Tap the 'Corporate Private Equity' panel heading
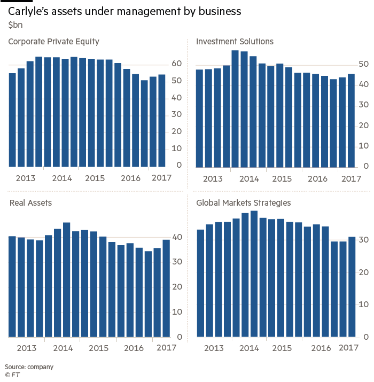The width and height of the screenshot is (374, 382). tap(53, 41)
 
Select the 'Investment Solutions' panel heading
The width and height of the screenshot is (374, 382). tap(235, 41)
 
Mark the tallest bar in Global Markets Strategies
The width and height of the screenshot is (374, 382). tap(254, 274)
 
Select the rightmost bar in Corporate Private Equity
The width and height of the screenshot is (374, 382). tap(161, 120)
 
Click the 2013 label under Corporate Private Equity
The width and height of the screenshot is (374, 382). tap(25, 178)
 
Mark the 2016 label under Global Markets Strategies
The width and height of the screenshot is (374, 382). tap(321, 349)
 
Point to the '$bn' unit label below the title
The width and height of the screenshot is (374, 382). tap(13, 24)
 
